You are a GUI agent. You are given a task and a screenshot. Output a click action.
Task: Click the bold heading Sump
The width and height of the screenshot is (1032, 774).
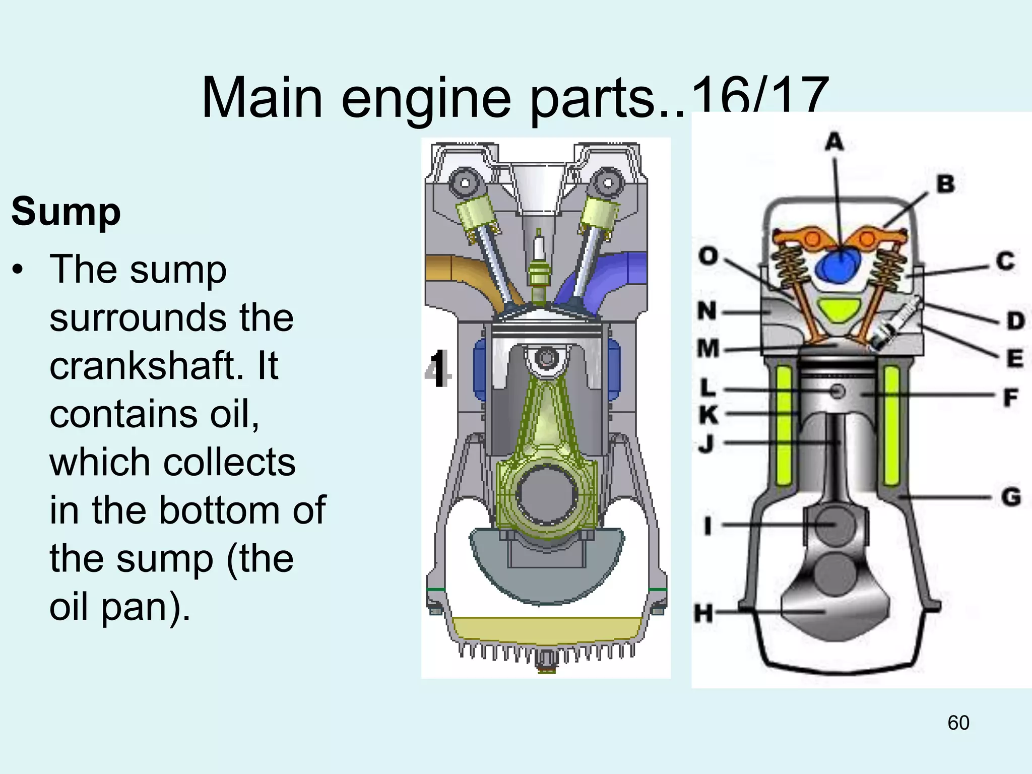(66, 212)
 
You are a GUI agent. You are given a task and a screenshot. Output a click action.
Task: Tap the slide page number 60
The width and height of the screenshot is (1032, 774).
(958, 723)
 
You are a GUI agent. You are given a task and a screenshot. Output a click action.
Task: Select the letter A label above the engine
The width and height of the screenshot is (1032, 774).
(834, 142)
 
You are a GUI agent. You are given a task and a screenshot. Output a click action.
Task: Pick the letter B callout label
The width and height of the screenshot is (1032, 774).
(945, 184)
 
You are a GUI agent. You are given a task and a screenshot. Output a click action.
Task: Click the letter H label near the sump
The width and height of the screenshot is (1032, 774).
(703, 614)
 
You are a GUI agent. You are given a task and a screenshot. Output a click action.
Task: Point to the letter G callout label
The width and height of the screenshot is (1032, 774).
(1011, 497)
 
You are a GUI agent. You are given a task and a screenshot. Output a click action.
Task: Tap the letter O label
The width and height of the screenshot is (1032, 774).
(708, 256)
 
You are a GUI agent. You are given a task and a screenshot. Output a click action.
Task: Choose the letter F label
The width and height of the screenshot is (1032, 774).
(1010, 398)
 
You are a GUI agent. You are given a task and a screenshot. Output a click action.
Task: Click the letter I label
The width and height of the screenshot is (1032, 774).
(708, 526)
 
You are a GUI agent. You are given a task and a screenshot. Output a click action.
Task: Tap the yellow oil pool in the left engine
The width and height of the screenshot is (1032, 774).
(547, 630)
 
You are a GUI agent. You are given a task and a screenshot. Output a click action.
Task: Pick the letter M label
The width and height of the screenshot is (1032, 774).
(708, 348)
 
